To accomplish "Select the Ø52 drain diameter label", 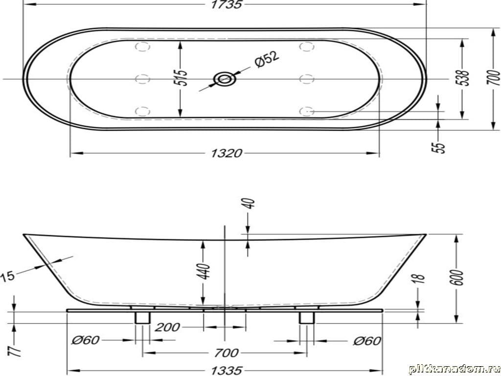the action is (x=267, y=59).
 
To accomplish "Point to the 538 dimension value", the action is (x=463, y=78).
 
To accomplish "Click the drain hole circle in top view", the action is (x=225, y=79).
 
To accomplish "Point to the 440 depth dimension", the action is (x=205, y=271).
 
